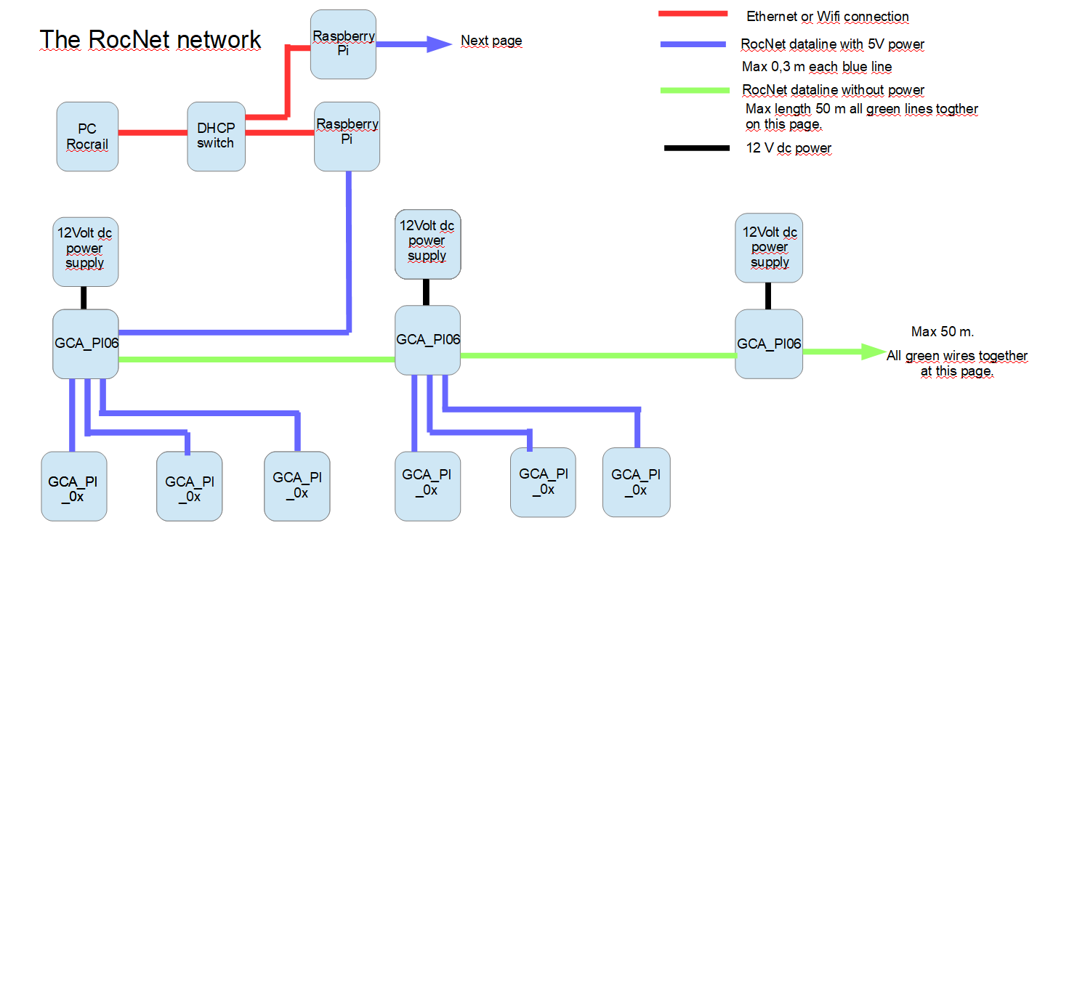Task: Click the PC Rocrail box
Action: pyautogui.click(x=87, y=137)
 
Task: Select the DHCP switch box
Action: pyautogui.click(x=216, y=137)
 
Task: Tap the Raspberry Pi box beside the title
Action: pyautogui.click(x=343, y=44)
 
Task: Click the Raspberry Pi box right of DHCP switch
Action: pyautogui.click(x=347, y=137)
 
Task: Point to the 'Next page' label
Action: pyautogui.click(x=491, y=41)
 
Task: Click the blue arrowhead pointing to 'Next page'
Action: pyautogui.click(x=439, y=44)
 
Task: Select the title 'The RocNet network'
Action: pyautogui.click(x=150, y=40)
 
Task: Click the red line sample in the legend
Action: pyautogui.click(x=693, y=14)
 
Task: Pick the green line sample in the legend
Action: pyautogui.click(x=695, y=90)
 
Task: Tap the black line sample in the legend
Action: pyautogui.click(x=696, y=148)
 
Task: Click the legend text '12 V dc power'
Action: pyautogui.click(x=788, y=148)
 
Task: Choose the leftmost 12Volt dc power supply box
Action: pyautogui.click(x=86, y=251)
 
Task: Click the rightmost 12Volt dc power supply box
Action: pyautogui.click(x=769, y=248)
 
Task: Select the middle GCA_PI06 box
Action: pyautogui.click(x=427, y=340)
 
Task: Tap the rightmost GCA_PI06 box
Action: pyautogui.click(x=769, y=344)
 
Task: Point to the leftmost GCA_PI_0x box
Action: pyautogui.click(x=74, y=487)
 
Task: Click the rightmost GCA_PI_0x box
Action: pyautogui.click(x=636, y=482)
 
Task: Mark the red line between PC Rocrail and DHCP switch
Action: pyautogui.click(x=153, y=133)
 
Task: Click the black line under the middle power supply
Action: pyautogui.click(x=426, y=292)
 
